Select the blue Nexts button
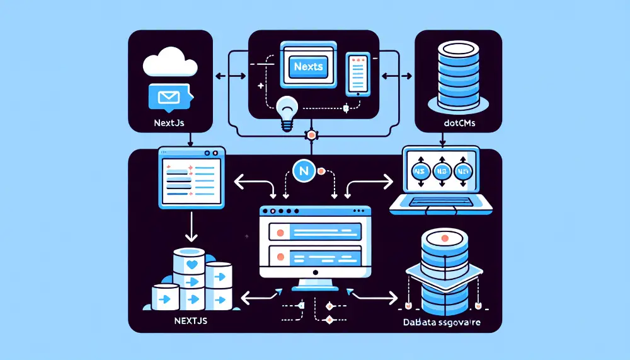click(307, 65)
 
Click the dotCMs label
click(458, 124)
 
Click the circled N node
click(304, 171)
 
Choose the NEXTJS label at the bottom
click(190, 321)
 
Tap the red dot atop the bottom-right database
click(445, 238)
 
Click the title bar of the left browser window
click(191, 152)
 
